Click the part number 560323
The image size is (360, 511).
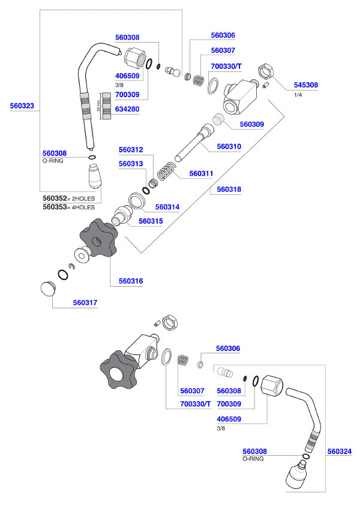pyautogui.click(x=22, y=106)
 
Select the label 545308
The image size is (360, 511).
pyautogui.click(x=305, y=85)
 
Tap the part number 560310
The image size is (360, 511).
pyautogui.click(x=229, y=146)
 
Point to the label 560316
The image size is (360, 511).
pyautogui.click(x=130, y=280)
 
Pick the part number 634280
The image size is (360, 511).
pyautogui.click(x=127, y=109)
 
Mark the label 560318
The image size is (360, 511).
pyautogui.click(x=229, y=189)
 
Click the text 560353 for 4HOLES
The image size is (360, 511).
pyautogui.click(x=55, y=207)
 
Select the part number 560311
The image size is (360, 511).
pyautogui.click(x=201, y=173)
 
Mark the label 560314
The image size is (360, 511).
pyautogui.click(x=167, y=207)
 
